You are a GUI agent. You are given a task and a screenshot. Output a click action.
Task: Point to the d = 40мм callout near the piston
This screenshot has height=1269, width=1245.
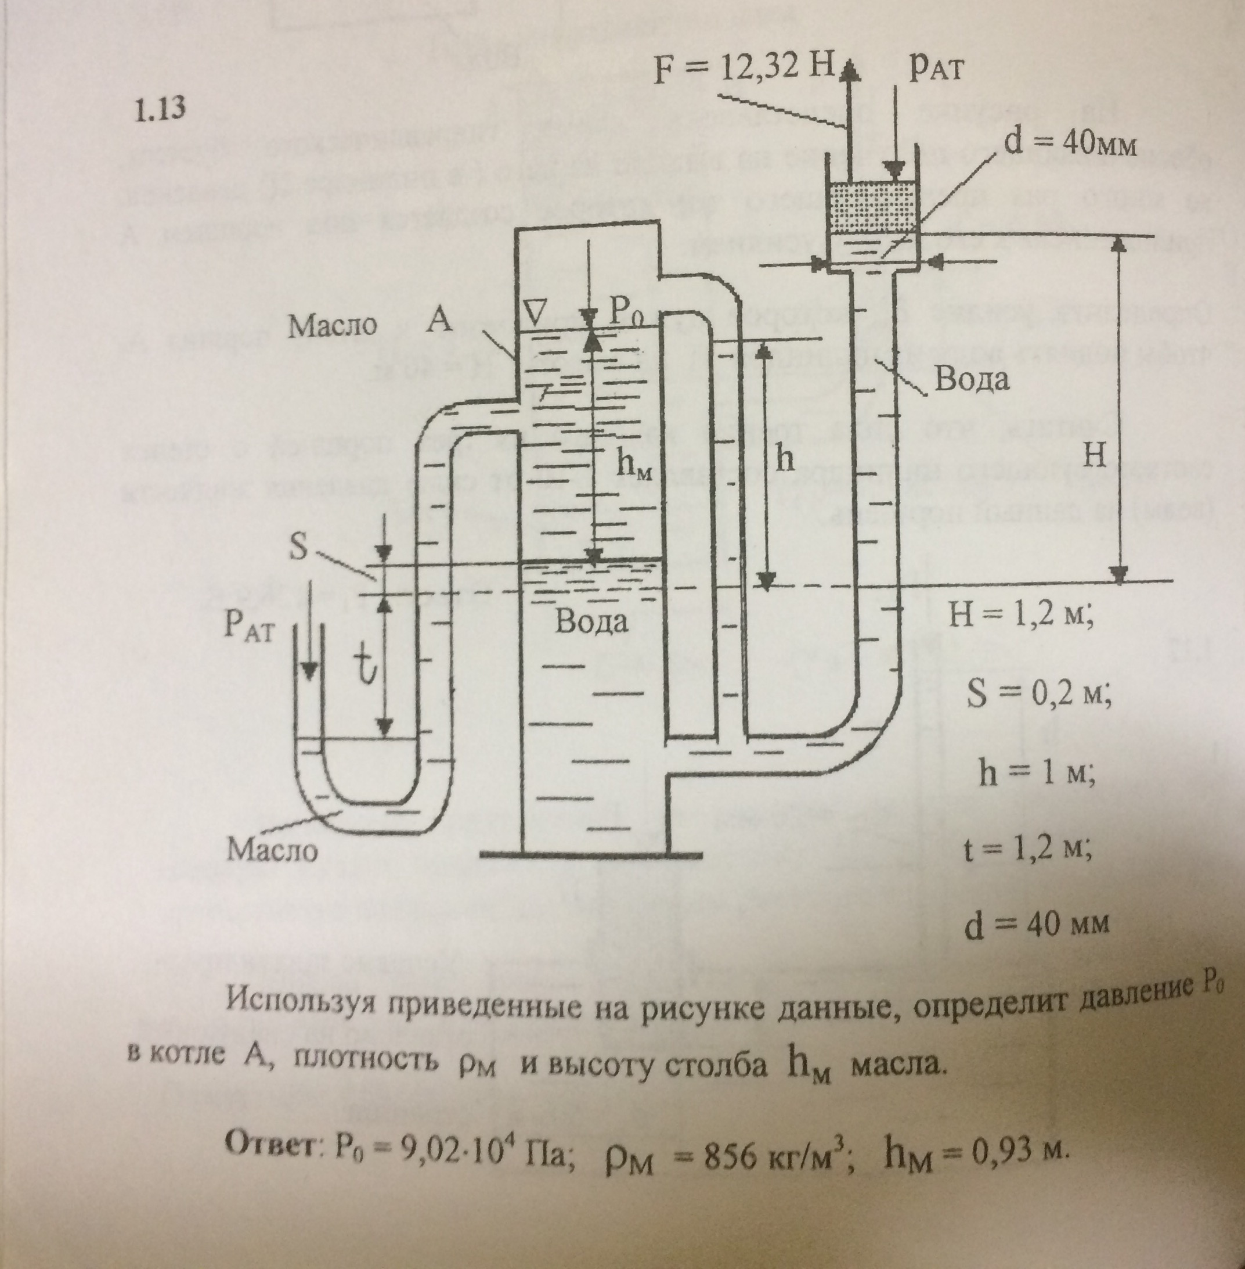point(1070,143)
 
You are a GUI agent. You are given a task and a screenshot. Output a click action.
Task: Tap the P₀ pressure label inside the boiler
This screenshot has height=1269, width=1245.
point(626,316)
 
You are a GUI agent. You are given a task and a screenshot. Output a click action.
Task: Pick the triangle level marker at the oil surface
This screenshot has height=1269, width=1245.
point(535,315)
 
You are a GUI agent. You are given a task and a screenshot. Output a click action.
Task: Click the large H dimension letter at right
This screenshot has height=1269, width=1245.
point(1094,455)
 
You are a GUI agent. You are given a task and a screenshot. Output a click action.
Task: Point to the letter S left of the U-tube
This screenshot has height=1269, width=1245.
point(298,548)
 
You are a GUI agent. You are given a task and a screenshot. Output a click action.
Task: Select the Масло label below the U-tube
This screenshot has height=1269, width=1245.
point(272,850)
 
